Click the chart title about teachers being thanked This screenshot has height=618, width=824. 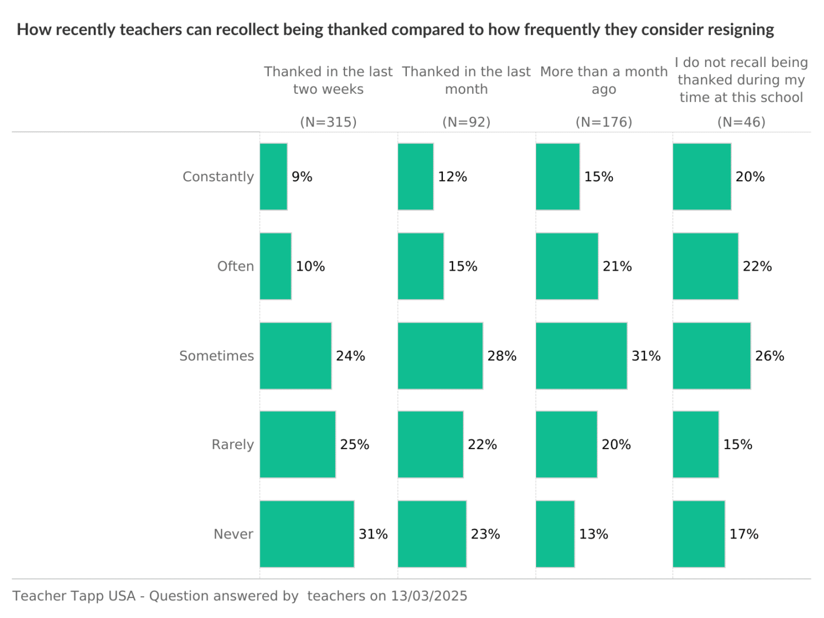395,30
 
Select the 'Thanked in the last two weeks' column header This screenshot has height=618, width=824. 328,80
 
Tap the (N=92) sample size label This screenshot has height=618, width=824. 466,122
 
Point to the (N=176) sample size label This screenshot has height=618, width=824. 604,122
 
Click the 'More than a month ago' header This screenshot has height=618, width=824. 604,80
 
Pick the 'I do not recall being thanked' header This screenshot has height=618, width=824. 741,80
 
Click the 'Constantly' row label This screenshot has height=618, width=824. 218,177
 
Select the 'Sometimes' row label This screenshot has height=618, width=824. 216,356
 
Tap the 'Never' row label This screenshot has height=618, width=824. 233,534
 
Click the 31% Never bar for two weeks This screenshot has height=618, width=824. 307,534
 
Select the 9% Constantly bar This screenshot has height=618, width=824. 274,177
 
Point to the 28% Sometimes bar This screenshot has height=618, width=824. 440,356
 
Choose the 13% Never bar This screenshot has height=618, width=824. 555,534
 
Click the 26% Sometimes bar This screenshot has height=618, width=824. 711,356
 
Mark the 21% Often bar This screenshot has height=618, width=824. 567,266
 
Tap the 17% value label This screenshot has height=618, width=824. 744,534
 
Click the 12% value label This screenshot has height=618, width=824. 453,177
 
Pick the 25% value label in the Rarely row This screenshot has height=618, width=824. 355,445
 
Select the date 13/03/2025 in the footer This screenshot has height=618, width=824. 429,596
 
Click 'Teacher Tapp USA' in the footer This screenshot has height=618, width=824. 74,596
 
